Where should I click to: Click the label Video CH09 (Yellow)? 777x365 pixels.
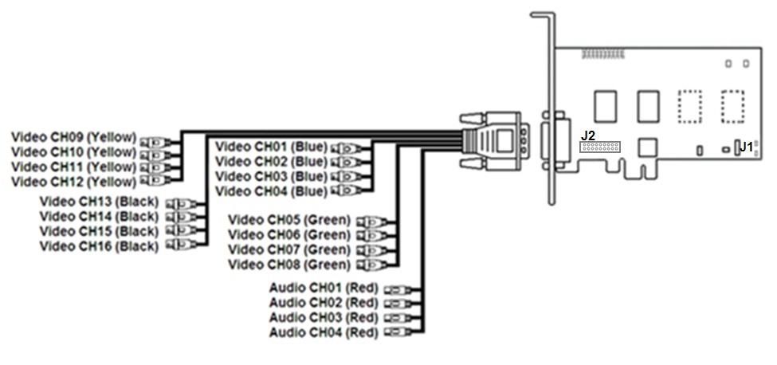(x=73, y=136)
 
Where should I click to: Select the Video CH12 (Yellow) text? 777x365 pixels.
(x=73, y=182)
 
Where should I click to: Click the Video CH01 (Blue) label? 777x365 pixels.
(x=271, y=146)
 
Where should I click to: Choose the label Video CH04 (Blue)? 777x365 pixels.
(x=271, y=191)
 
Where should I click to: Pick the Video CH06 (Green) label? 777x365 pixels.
(x=289, y=234)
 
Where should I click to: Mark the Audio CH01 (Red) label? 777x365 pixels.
(x=323, y=288)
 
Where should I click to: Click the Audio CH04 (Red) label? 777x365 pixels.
(x=323, y=332)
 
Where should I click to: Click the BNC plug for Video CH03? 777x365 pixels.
(x=345, y=176)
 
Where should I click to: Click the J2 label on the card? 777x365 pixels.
(x=588, y=135)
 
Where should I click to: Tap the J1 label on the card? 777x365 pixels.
(x=746, y=147)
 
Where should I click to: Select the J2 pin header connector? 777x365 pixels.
(x=600, y=147)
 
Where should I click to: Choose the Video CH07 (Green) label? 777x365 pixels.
(x=289, y=249)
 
